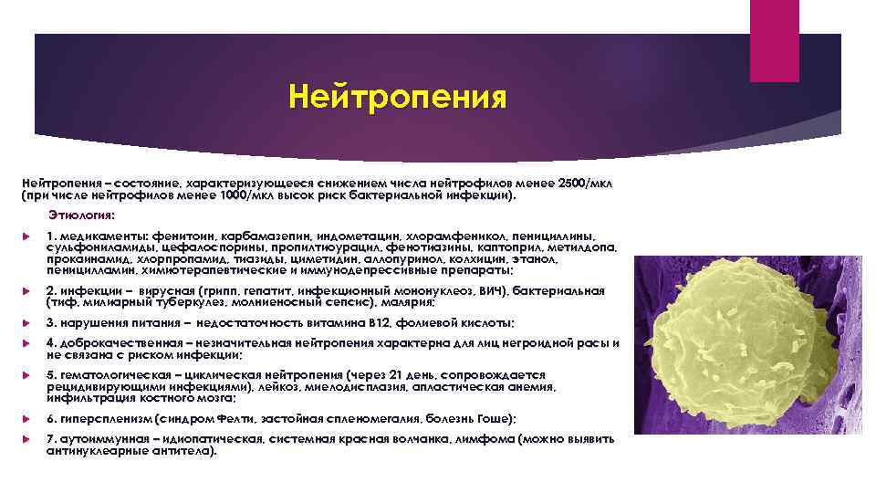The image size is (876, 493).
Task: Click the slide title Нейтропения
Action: (x=396, y=96)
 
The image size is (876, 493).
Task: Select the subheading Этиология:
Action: (x=82, y=215)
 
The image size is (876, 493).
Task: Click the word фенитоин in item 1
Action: (x=182, y=236)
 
